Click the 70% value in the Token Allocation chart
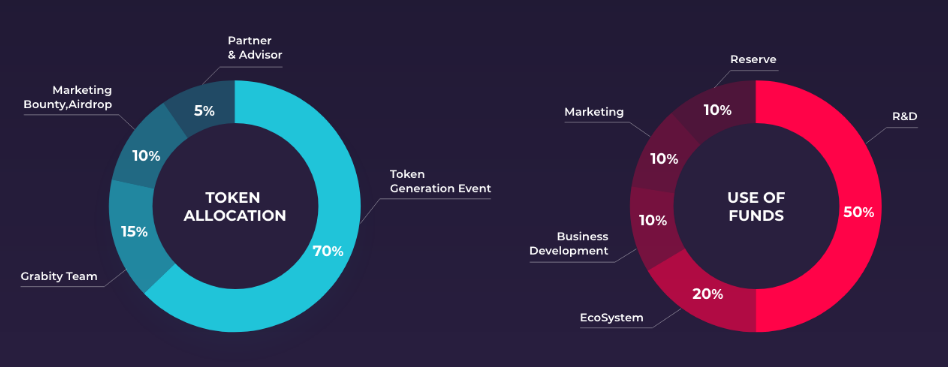tap(328, 251)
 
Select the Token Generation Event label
tap(440, 181)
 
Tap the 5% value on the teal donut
tap(204, 111)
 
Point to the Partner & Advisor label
tap(255, 48)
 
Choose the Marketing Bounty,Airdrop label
tap(68, 97)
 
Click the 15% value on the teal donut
tap(134, 232)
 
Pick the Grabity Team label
tap(59, 277)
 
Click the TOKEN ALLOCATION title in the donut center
tap(235, 207)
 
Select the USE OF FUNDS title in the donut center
tap(756, 207)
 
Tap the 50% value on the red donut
tap(859, 213)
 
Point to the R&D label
tap(905, 116)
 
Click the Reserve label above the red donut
tap(753, 59)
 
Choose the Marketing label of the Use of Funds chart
tap(594, 112)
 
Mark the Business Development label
tap(569, 243)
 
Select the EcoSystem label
tap(612, 317)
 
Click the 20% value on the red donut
tap(707, 294)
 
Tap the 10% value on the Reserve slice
tap(718, 111)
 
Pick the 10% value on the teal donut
tap(146, 156)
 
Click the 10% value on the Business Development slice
tap(653, 221)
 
